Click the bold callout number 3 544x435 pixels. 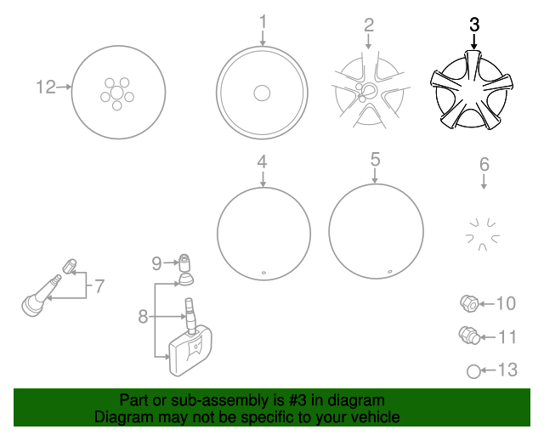pos(474,25)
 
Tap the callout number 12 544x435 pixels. pos(46,87)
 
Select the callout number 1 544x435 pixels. pos(263,21)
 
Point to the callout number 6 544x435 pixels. pos(484,165)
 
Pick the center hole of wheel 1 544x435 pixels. pos(262,93)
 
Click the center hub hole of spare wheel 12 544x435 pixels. pos(117,93)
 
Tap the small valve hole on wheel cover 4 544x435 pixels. pos(263,273)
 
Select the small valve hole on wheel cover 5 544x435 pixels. pos(389,272)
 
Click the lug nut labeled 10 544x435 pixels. pos(469,303)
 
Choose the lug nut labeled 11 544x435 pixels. pos(469,336)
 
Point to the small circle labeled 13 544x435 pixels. pos(473,371)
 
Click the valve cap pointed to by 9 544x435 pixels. pos(184,263)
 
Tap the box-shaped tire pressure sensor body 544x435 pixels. pos(190,352)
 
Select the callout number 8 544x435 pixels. pos(143,316)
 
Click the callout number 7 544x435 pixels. pos(99,286)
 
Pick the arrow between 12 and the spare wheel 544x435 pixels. pos(64,87)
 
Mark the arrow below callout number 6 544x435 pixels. pos(484,182)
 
